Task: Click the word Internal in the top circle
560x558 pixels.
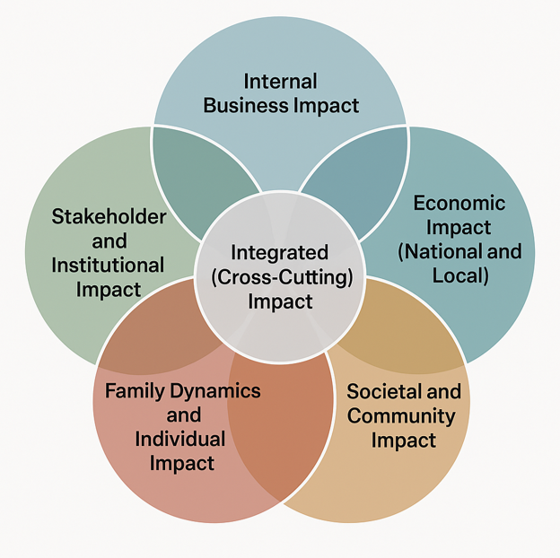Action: tap(280, 82)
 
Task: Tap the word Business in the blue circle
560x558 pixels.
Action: tap(246, 106)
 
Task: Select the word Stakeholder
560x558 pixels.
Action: tap(109, 217)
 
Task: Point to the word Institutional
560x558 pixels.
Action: tap(108, 266)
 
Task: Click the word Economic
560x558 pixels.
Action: tap(459, 203)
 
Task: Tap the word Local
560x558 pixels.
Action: tap(460, 275)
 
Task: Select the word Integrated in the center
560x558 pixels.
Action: tap(279, 253)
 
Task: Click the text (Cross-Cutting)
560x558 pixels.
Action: tap(279, 277)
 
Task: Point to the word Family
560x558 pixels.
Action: tap(135, 391)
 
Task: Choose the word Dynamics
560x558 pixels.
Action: tap(220, 391)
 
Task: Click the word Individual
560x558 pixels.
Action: tap(180, 440)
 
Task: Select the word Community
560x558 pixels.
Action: tap(401, 416)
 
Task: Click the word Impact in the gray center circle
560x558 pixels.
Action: tap(279, 301)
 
